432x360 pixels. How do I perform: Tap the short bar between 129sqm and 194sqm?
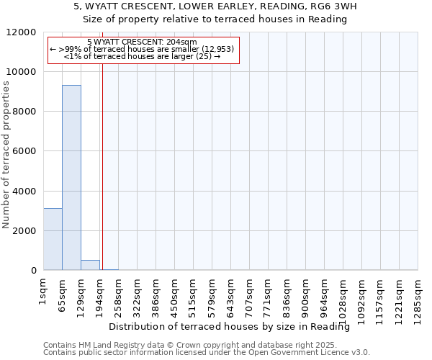(x=90, y=265)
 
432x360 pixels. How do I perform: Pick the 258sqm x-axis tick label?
(x=119, y=294)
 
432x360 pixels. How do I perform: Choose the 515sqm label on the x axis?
(x=194, y=294)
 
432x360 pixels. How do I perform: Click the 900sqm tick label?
(x=306, y=294)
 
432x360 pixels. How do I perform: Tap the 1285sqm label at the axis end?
(x=418, y=297)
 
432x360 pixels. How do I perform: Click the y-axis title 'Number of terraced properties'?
(x=6, y=156)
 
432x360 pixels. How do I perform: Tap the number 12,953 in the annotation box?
(x=217, y=49)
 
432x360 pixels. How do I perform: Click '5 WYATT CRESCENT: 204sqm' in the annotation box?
(x=141, y=42)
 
